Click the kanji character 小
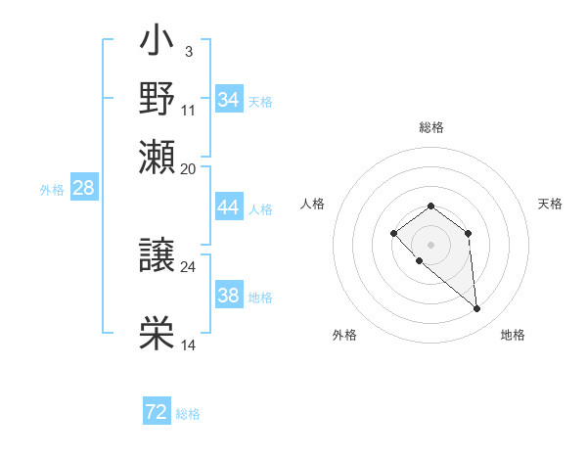point(157,44)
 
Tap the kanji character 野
point(157,99)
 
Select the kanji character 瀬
point(157,157)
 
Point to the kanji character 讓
point(157,255)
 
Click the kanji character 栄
point(157,335)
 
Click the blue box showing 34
point(229,100)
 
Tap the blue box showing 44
point(229,207)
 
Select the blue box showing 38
point(229,296)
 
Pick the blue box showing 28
point(84,188)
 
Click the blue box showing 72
point(157,412)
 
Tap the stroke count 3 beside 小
point(188,51)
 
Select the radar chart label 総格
point(430,127)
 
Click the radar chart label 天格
point(550,204)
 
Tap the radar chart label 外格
point(344,335)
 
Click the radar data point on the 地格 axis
point(477,309)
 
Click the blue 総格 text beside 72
point(188,414)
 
